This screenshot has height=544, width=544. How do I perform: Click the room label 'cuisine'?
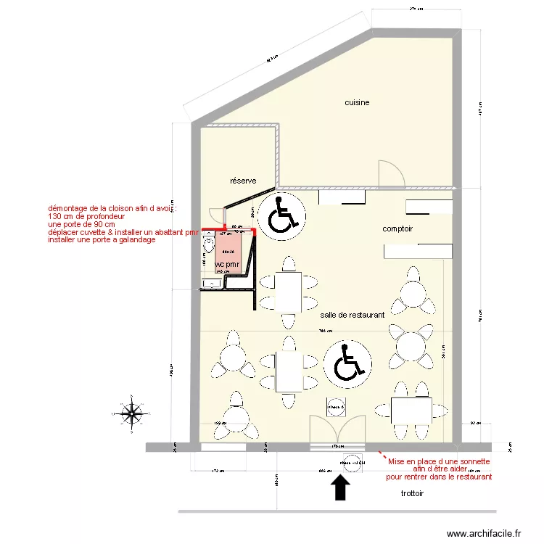coord(357,103)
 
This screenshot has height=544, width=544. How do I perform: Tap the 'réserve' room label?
coord(244,181)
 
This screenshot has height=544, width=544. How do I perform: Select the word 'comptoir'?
coord(397,228)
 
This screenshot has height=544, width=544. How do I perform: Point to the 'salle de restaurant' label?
coord(352,316)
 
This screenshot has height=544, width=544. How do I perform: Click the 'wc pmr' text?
coord(227,265)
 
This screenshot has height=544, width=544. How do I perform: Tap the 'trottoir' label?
coord(412,493)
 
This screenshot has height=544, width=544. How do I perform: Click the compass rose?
coord(131,414)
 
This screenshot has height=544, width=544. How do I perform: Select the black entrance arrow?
coord(339,487)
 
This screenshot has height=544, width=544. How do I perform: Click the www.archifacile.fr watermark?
coord(484,534)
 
